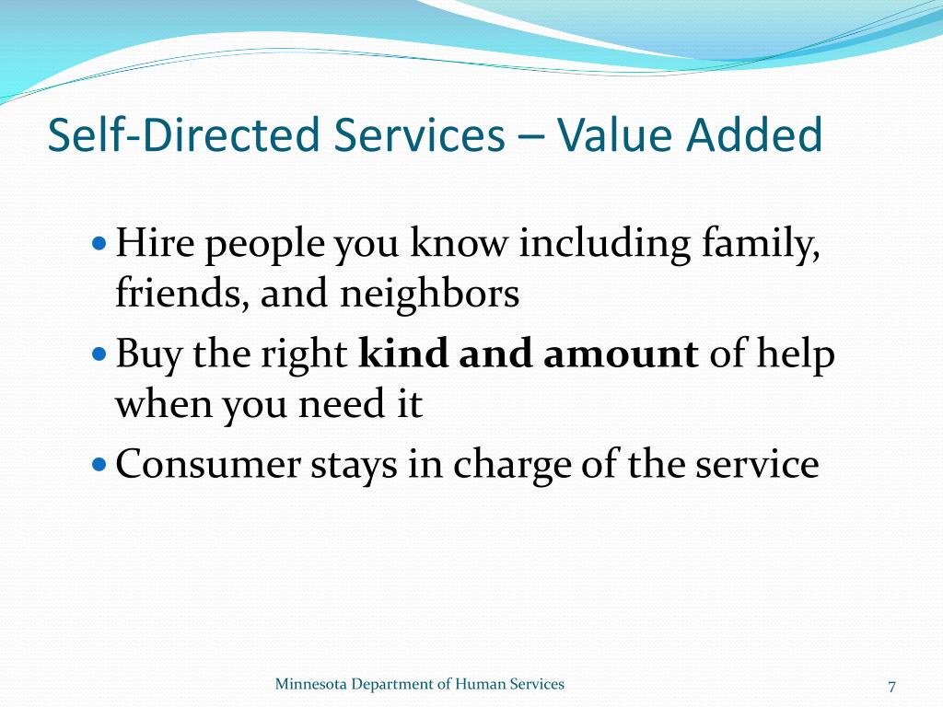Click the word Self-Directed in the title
(x=183, y=135)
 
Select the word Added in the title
(x=754, y=135)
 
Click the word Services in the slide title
(x=419, y=135)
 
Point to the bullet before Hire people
(x=100, y=246)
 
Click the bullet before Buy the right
(x=100, y=354)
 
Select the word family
(x=762, y=246)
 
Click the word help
(x=797, y=354)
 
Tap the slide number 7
(x=891, y=686)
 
